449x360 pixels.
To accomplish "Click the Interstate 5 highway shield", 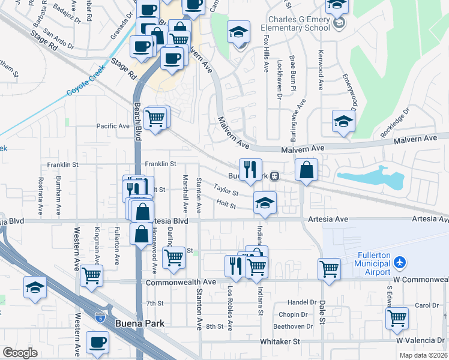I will tap(100, 314).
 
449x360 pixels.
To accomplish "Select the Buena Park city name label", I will tap(139, 323).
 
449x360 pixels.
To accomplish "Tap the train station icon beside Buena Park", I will tap(275, 176).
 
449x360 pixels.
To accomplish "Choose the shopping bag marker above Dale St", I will tap(306, 170).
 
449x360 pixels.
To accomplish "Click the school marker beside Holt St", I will tap(264, 203).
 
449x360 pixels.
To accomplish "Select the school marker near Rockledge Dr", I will tap(344, 121).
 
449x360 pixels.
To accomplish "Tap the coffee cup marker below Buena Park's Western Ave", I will tap(97, 343).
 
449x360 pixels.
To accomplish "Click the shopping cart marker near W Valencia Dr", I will tap(397, 318).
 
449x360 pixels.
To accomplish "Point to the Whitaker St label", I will tap(279, 341).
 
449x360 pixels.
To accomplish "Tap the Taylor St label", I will tap(226, 190).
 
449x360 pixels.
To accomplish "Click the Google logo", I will tap(20, 353).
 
